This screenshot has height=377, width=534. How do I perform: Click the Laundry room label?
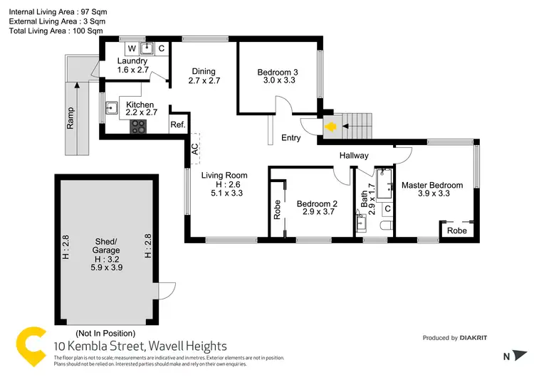[x=132, y=61]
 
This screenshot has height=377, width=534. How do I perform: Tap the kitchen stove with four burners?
[x=138, y=127]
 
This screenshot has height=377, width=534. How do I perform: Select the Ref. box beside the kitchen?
[x=177, y=125]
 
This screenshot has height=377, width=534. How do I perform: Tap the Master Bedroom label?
[x=431, y=185]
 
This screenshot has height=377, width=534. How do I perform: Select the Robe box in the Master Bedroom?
[x=457, y=231]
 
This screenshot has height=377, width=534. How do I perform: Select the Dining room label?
[x=202, y=72]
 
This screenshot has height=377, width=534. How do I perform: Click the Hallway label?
[x=354, y=156]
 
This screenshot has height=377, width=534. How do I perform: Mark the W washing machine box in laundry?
[x=132, y=48]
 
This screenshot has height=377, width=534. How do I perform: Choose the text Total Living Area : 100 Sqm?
[x=56, y=32]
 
